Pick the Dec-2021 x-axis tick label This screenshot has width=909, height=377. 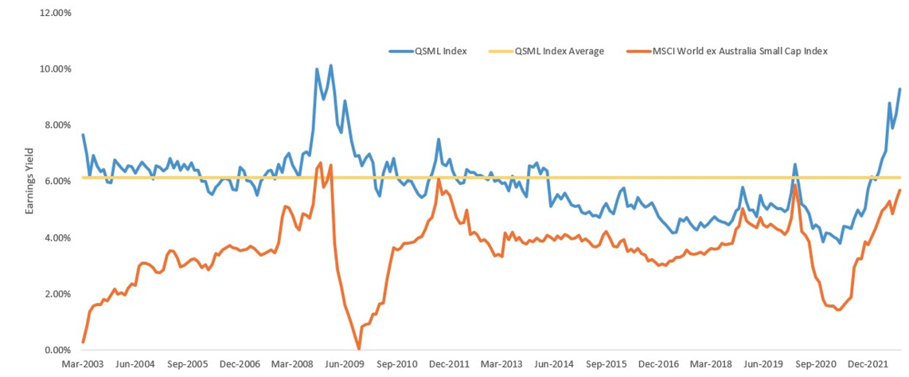click(x=869, y=365)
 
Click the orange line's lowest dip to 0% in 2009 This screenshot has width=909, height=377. click(x=359, y=348)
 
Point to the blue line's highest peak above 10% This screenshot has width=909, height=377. click(x=330, y=65)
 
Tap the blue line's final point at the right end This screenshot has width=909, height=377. click(x=900, y=88)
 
